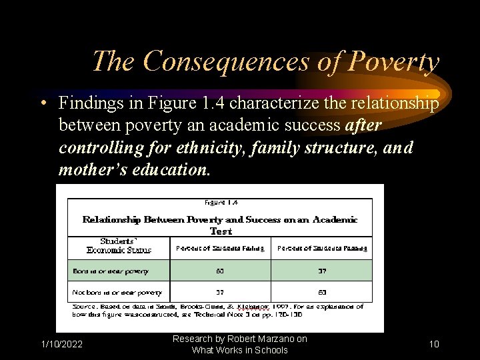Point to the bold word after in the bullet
click(x=363, y=125)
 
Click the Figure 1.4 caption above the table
click(x=221, y=202)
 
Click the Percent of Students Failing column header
click(x=220, y=249)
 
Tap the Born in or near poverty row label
click(x=111, y=271)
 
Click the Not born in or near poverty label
click(x=117, y=292)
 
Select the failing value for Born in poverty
click(x=220, y=271)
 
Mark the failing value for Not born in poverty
click(x=220, y=292)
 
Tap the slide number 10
click(x=434, y=344)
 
